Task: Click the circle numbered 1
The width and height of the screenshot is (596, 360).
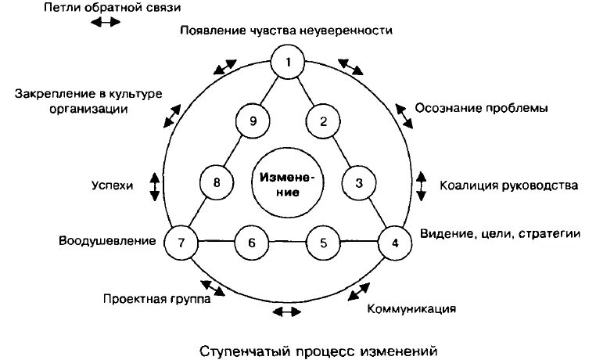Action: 288,61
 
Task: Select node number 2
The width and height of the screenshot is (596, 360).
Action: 322,121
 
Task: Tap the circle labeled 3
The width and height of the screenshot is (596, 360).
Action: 359,183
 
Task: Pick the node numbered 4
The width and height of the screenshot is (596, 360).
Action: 394,242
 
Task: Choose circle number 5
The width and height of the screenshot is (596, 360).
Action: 322,242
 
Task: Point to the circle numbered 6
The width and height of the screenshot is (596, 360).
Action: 251,242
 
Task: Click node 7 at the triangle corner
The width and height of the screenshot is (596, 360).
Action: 181,242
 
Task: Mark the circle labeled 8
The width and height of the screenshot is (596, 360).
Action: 217,183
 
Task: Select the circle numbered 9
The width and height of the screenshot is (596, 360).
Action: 252,121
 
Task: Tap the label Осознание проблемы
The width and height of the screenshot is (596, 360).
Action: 481,108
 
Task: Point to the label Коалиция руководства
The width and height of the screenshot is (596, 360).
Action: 508,185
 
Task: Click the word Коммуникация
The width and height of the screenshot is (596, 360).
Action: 411,308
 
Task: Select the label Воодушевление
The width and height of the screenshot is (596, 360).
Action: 107,240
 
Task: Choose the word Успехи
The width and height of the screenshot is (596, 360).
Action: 113,185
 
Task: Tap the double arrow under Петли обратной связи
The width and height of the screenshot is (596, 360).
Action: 106,23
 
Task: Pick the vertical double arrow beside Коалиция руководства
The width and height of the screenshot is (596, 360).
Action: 422,184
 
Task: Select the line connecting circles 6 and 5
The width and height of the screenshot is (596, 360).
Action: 287,242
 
